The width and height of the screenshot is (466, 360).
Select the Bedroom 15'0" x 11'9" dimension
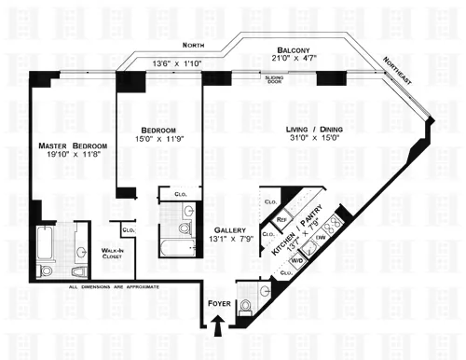click(157, 139)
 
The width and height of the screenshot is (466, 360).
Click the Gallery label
click(228, 229)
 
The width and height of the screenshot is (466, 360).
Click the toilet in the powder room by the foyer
click(249, 303)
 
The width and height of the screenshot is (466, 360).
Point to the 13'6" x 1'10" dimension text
click(177, 63)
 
